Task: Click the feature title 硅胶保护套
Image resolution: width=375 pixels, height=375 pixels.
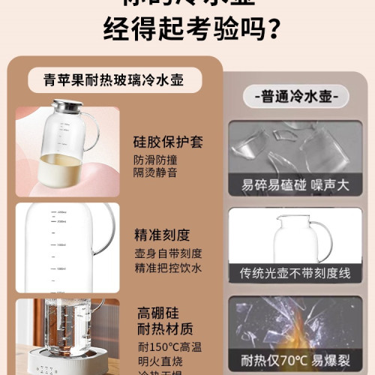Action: pos(169,141)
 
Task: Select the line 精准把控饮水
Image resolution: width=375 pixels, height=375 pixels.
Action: pos(169,268)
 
